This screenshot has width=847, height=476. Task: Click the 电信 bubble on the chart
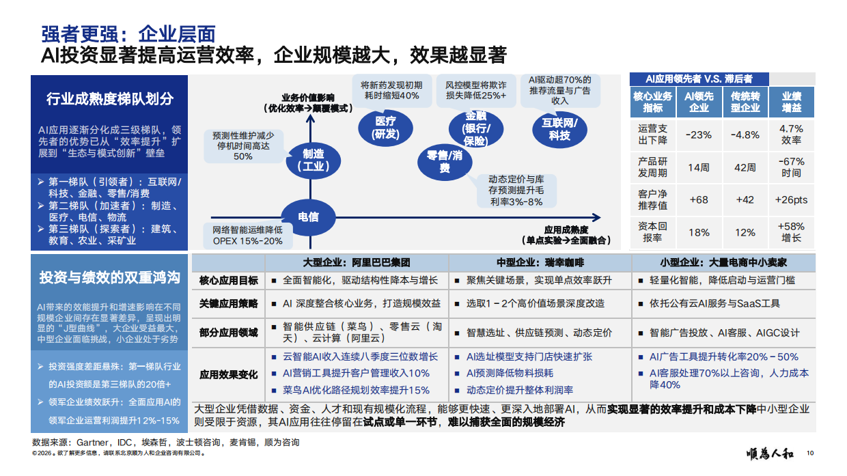(x=308, y=217)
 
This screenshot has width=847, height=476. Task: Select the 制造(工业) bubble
(x=313, y=160)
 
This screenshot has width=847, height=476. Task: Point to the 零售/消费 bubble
(x=445, y=162)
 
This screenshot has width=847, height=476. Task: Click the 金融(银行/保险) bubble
(x=475, y=128)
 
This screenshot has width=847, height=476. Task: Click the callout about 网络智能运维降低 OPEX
(x=247, y=235)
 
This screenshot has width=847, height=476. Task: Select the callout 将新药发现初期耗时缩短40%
(x=391, y=90)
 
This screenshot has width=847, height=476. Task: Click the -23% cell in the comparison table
(x=699, y=135)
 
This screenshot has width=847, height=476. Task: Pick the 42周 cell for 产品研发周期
(x=745, y=167)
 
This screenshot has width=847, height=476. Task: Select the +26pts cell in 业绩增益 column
(x=791, y=199)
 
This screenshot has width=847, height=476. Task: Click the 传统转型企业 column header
(x=745, y=102)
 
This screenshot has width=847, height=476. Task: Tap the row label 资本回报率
(x=652, y=232)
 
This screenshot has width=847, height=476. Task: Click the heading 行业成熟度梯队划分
(x=109, y=98)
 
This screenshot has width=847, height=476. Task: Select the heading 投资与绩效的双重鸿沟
(x=109, y=277)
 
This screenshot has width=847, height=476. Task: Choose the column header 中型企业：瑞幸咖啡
(x=540, y=262)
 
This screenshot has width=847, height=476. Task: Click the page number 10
(x=810, y=453)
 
